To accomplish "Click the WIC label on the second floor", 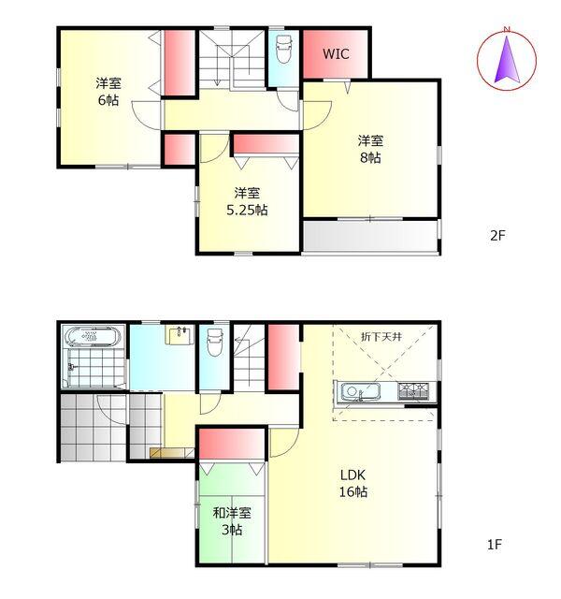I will pyautogui.click(x=336, y=54).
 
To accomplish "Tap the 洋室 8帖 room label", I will pyautogui.click(x=369, y=150).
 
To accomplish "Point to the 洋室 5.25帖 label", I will pyautogui.click(x=247, y=202).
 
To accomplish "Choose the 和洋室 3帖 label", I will pyautogui.click(x=231, y=521).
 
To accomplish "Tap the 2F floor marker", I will pyautogui.click(x=497, y=236).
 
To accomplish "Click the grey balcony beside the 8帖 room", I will pyautogui.click(x=370, y=236).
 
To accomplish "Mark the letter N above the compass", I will pyautogui.click(x=506, y=31).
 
